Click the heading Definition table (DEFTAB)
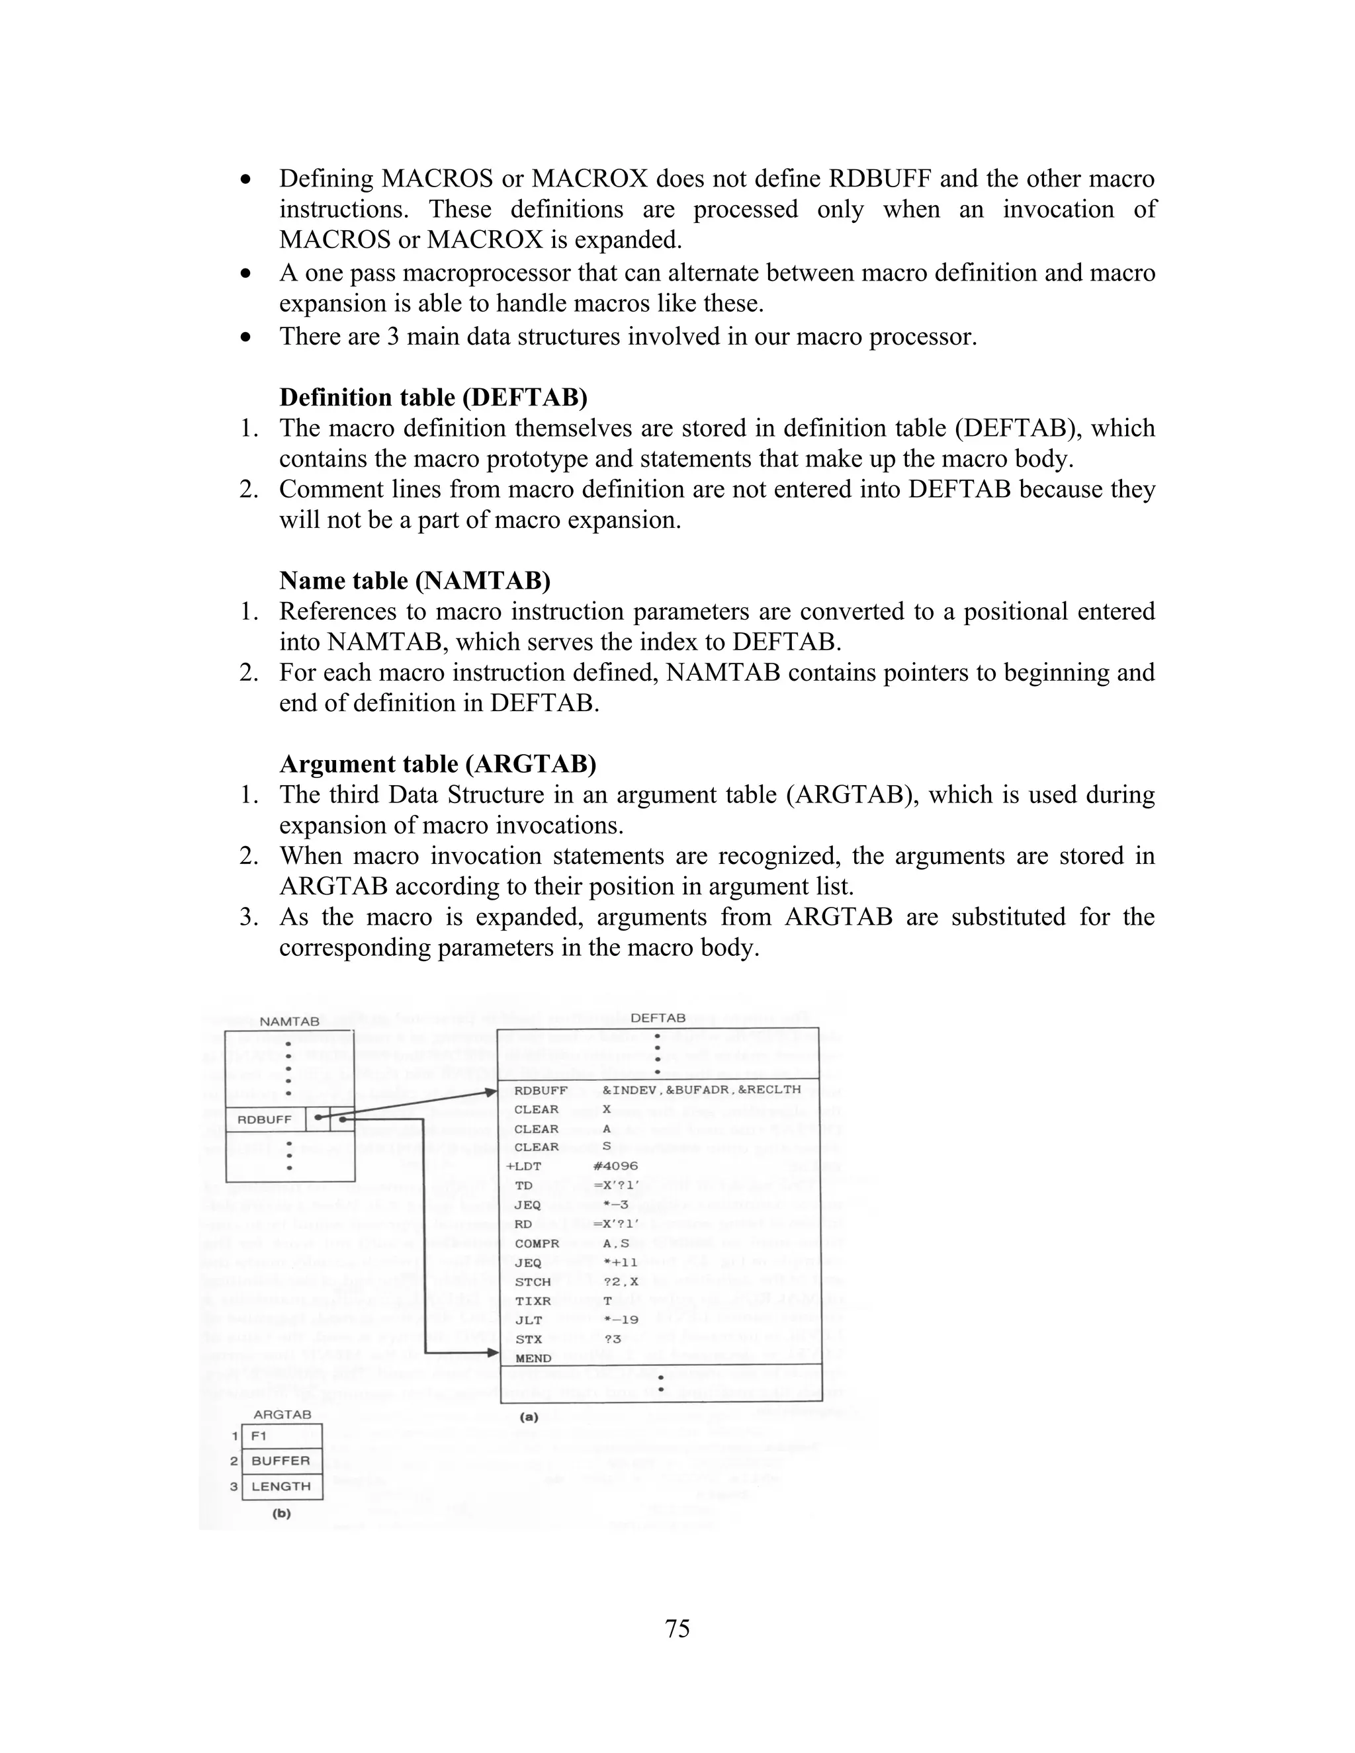[433, 398]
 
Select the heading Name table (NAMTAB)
[414, 580]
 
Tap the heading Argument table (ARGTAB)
[437, 763]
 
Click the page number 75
[677, 1629]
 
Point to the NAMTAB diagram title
[289, 1022]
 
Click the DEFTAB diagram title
[658, 1018]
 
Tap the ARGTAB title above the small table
[282, 1415]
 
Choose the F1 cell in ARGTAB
[281, 1436]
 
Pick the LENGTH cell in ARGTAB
[281, 1486]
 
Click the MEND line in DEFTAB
[533, 1359]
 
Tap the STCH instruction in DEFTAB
[533, 1282]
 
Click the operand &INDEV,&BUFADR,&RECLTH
[701, 1090]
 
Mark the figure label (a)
[529, 1417]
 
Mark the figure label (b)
[281, 1513]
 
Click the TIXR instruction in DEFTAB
[533, 1301]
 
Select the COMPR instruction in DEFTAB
[537, 1244]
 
